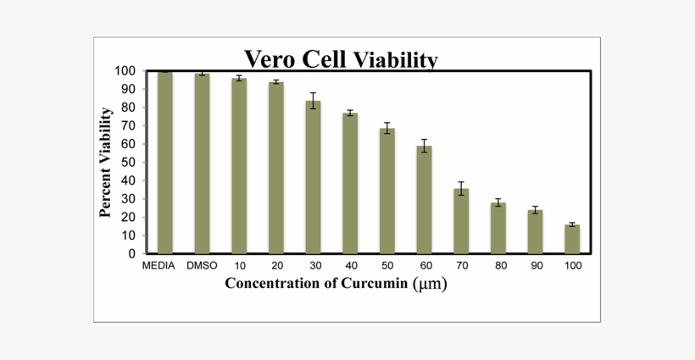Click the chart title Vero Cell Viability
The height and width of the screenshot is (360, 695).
click(341, 59)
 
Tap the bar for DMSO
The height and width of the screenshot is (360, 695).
click(202, 163)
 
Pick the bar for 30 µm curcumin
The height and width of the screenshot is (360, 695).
click(313, 177)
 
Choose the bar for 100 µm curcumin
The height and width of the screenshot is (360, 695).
click(572, 239)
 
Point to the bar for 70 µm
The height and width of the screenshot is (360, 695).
click(461, 221)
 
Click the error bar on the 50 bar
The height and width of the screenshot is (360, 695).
click(387, 128)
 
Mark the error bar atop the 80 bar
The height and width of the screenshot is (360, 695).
click(498, 202)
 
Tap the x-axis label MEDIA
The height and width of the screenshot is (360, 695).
click(158, 266)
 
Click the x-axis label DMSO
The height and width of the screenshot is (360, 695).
click(203, 266)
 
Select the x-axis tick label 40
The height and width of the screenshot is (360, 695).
click(350, 266)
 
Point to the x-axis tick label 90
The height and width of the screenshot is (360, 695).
click(535, 266)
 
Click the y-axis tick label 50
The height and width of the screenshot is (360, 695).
click(126, 163)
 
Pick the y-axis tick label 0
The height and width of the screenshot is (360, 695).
click(131, 253)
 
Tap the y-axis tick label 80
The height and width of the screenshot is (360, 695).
click(126, 108)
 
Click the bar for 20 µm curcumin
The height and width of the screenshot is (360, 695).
click(276, 168)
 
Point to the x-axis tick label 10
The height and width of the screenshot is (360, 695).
click(239, 266)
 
